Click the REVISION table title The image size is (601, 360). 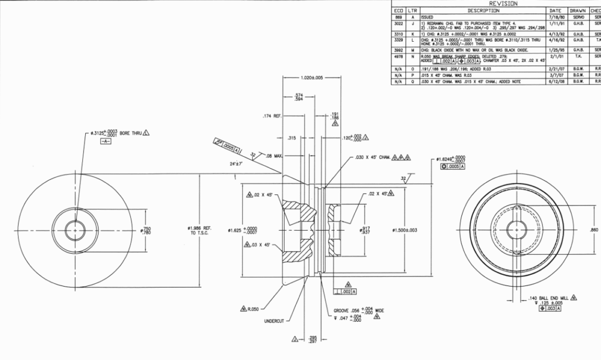pyautogui.click(x=503, y=4)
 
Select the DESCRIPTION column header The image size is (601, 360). pyautogui.click(x=483, y=11)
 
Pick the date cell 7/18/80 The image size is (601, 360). pyautogui.click(x=555, y=18)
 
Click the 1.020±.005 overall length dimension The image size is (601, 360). pyautogui.click(x=311, y=78)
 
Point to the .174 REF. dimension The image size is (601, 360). pyautogui.click(x=272, y=116)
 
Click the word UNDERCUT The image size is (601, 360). pyautogui.click(x=274, y=321)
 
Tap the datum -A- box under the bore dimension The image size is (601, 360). pyautogui.click(x=106, y=142)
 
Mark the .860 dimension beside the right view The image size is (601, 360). pyautogui.click(x=593, y=230)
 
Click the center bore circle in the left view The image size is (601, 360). pyautogui.click(x=75, y=231)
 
